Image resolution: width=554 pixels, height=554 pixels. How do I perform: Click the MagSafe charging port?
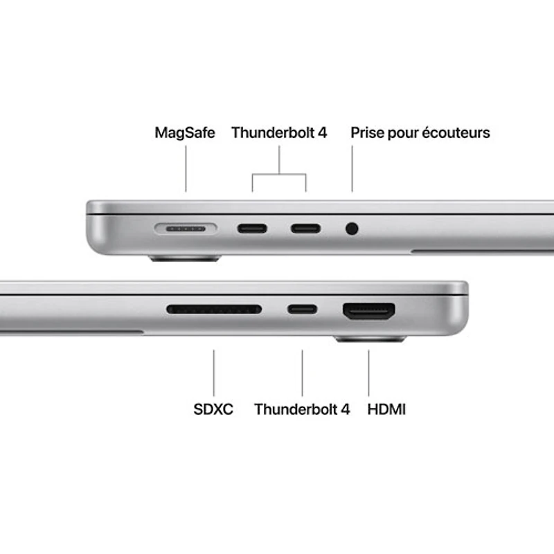coord(186,228)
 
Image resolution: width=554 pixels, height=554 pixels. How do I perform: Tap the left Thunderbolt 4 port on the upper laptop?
coord(252,228)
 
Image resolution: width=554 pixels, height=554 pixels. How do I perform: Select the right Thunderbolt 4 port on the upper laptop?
coord(305,228)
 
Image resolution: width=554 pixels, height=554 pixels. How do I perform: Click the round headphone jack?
coord(352,228)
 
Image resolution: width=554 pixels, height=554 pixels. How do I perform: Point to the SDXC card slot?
coord(214,309)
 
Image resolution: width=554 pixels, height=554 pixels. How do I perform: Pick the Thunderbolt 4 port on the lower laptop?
coord(303,309)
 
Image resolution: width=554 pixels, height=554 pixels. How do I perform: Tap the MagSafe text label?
coord(185,132)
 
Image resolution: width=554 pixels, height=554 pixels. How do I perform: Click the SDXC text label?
coord(213,409)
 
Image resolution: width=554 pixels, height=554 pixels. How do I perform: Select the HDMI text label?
coord(386,409)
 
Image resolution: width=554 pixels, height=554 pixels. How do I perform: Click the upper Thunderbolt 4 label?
coord(279,132)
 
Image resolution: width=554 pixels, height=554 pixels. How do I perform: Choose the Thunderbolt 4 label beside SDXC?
coord(302,409)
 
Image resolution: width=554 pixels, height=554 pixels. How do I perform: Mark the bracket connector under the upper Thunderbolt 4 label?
coord(279,173)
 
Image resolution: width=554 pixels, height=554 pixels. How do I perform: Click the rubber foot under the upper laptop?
coord(185,258)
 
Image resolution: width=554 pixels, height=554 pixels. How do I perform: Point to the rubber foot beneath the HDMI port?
coord(370,339)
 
